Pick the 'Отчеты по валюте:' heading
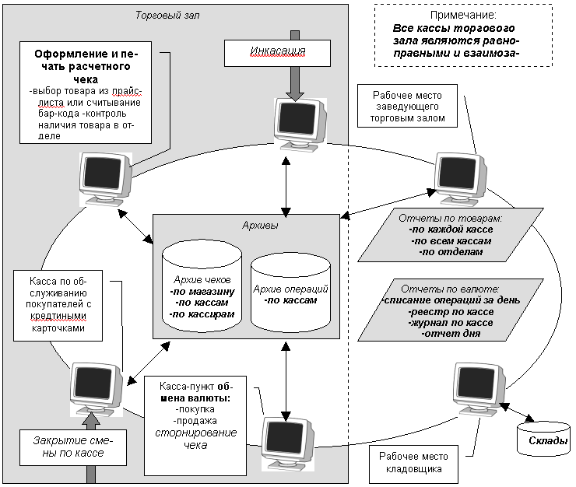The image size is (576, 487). pos(444,288)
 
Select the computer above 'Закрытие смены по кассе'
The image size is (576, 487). pos(96,387)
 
